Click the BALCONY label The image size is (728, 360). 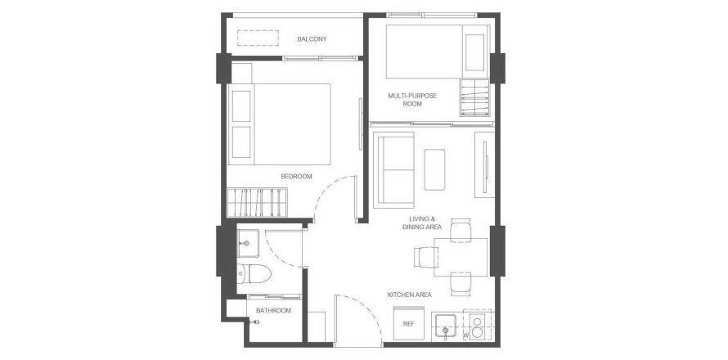click(x=312, y=39)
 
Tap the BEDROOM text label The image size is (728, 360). click(x=296, y=177)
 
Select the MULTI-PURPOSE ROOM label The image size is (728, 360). click(x=412, y=100)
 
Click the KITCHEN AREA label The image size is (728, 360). click(x=410, y=295)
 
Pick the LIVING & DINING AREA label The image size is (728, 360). click(x=421, y=223)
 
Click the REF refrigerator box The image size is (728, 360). click(x=408, y=324)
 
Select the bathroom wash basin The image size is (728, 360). click(x=248, y=243)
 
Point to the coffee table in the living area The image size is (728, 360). click(x=434, y=169)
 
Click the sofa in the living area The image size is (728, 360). click(x=393, y=169)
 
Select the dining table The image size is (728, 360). click(x=461, y=258)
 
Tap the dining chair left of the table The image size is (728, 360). click(x=425, y=258)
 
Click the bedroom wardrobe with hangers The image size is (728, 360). click(x=257, y=203)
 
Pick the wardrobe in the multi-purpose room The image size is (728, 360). click(x=474, y=97)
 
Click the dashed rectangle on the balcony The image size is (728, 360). click(x=258, y=38)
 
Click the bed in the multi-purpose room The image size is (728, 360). click(x=438, y=52)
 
